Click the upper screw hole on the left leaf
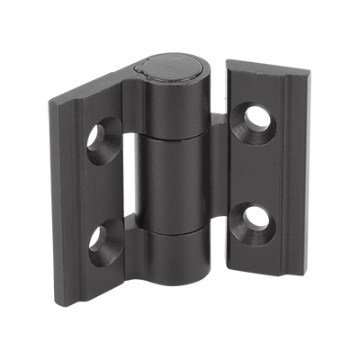tap(99, 141)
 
